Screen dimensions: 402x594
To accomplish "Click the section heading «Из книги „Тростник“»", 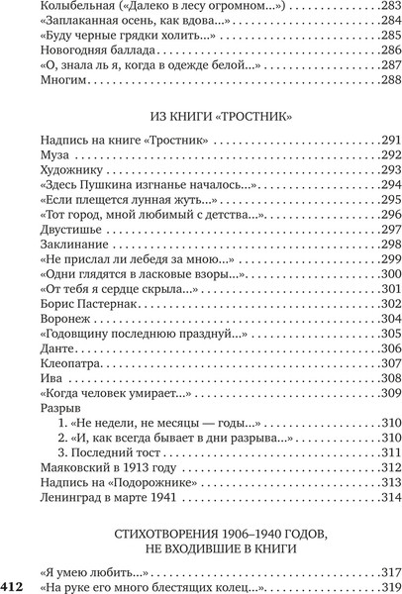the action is pyautogui.click(x=217, y=116).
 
